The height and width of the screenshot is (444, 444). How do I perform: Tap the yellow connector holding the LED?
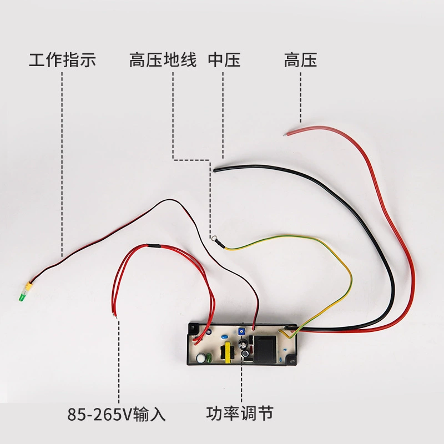point(28,286)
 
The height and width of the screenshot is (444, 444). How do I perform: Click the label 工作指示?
point(63,60)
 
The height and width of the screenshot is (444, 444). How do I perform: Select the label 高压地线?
point(163,60)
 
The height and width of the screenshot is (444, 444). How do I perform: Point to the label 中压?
point(224,60)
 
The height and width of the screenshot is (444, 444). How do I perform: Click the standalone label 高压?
point(300,60)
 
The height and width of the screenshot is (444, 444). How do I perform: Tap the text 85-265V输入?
point(117,414)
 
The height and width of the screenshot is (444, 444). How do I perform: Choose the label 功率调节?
point(240,413)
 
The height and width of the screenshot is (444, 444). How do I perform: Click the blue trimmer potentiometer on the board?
point(242,331)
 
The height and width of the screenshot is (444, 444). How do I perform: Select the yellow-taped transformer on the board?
point(228,352)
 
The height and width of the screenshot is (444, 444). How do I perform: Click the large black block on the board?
point(265,349)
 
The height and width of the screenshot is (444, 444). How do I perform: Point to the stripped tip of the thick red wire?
point(285,134)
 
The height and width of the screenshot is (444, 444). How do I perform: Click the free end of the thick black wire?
point(215,170)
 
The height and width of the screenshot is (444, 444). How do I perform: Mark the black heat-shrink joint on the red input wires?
point(154,246)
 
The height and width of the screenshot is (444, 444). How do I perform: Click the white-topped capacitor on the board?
point(201,357)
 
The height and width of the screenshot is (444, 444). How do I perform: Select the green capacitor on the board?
point(209,357)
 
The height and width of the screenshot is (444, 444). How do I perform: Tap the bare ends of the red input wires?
point(114,315)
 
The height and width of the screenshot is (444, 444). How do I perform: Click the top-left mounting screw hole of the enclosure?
point(193,329)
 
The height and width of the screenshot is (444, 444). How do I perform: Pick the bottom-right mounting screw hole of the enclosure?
point(291,360)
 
